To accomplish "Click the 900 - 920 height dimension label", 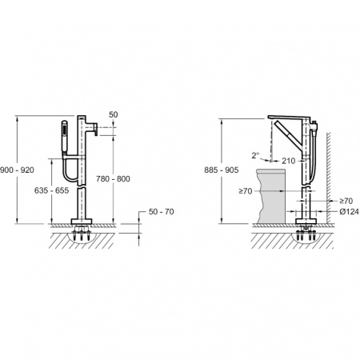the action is click(x=17, y=170).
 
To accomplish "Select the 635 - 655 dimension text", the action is click(x=51, y=190).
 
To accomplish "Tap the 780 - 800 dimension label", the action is click(x=113, y=178).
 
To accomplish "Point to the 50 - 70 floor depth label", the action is click(x=161, y=212).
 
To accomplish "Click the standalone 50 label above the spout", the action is click(x=114, y=114).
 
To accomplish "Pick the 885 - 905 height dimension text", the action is click(x=222, y=170).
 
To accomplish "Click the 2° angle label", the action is click(x=255, y=155).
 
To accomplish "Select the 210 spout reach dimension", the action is click(x=289, y=161).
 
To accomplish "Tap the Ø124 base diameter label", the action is click(x=349, y=212).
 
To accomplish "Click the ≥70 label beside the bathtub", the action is click(x=246, y=191).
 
